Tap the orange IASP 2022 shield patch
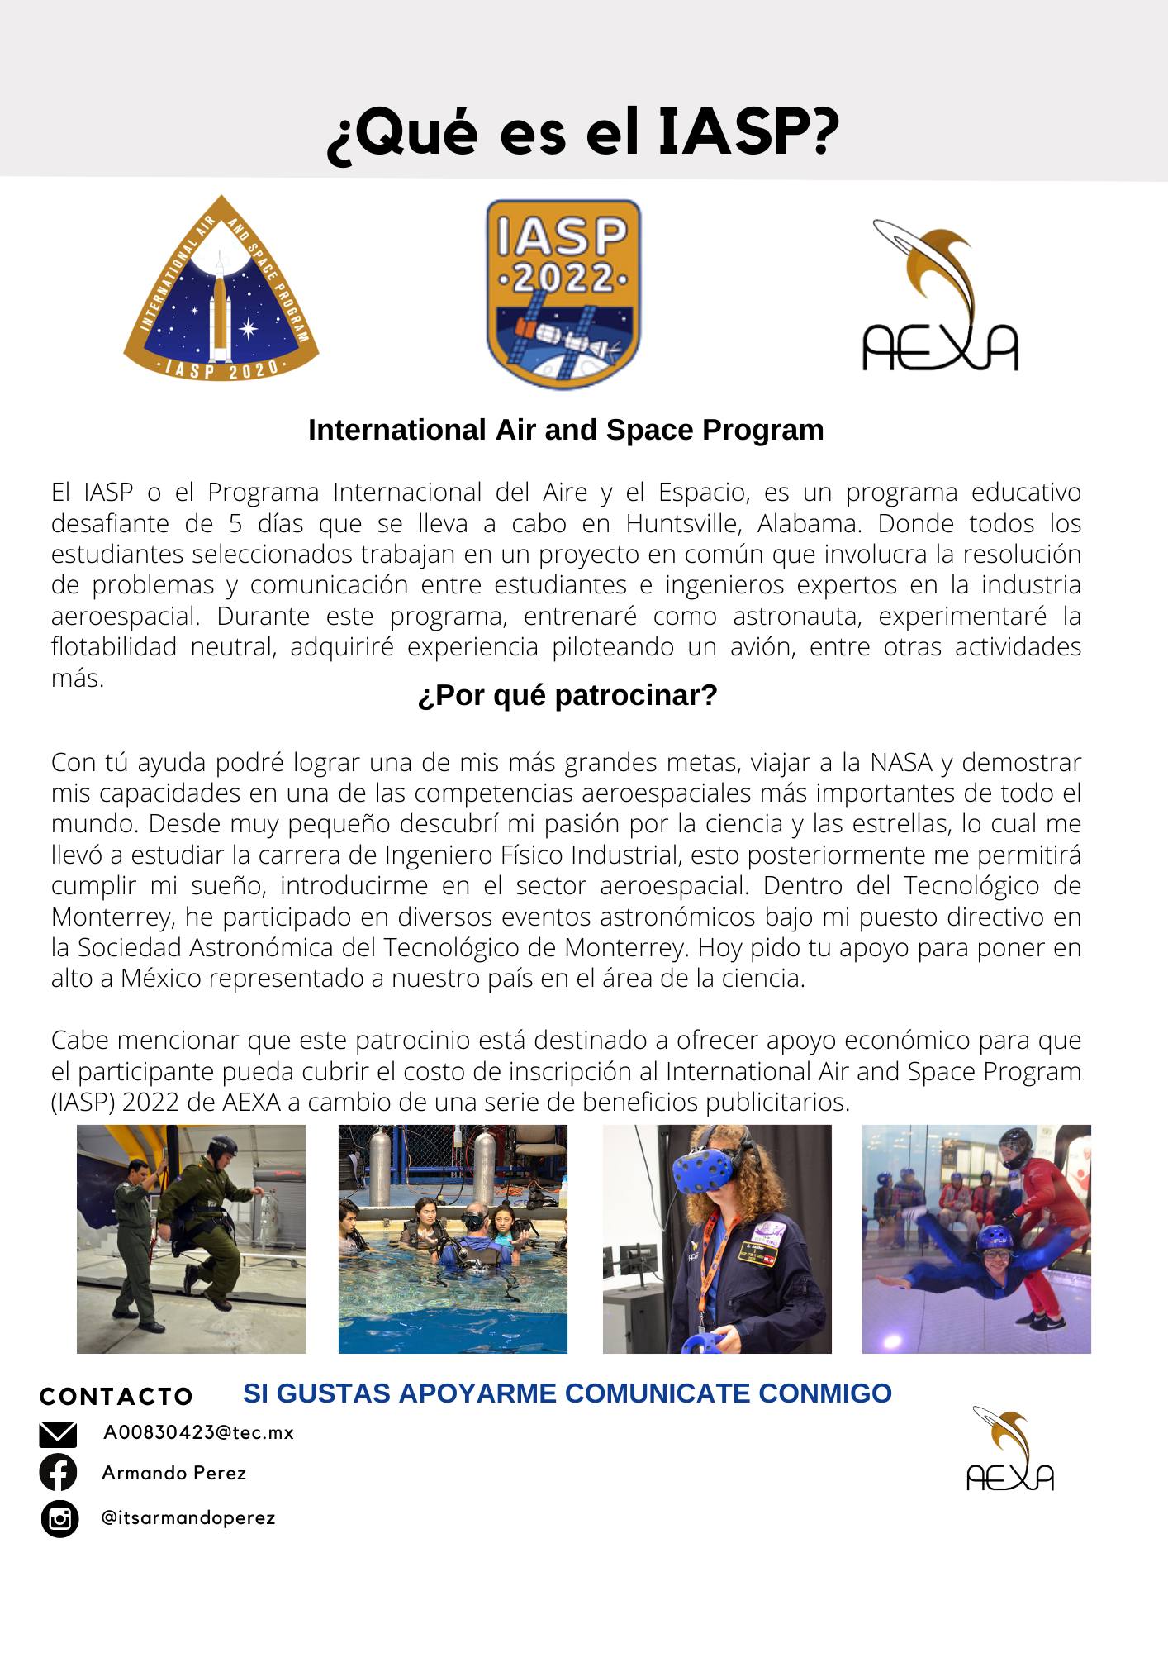click(x=563, y=294)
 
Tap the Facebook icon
click(x=58, y=1472)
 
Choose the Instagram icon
click(x=59, y=1518)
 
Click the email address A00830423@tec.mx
click(x=198, y=1432)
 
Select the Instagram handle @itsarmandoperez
click(x=188, y=1517)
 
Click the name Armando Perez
click(x=174, y=1473)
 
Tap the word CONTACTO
click(x=116, y=1397)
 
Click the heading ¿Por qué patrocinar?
click(x=567, y=696)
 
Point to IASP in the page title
click(x=748, y=132)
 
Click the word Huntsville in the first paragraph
click(x=684, y=524)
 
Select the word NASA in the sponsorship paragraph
click(x=909, y=762)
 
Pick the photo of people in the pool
click(x=453, y=1239)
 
